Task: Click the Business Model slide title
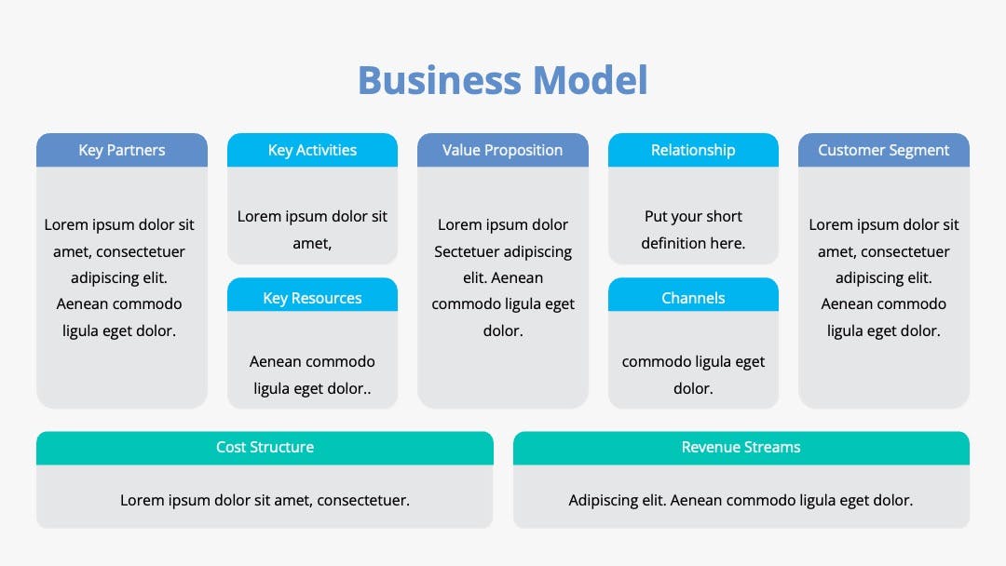[503, 81]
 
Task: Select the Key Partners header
[122, 150]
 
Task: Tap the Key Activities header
[312, 150]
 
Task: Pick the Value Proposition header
[503, 150]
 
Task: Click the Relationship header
[693, 150]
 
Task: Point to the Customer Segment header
[883, 150]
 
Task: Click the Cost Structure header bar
[265, 448]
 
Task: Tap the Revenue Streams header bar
[741, 448]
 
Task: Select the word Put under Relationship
[656, 217]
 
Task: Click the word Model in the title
[590, 81]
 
